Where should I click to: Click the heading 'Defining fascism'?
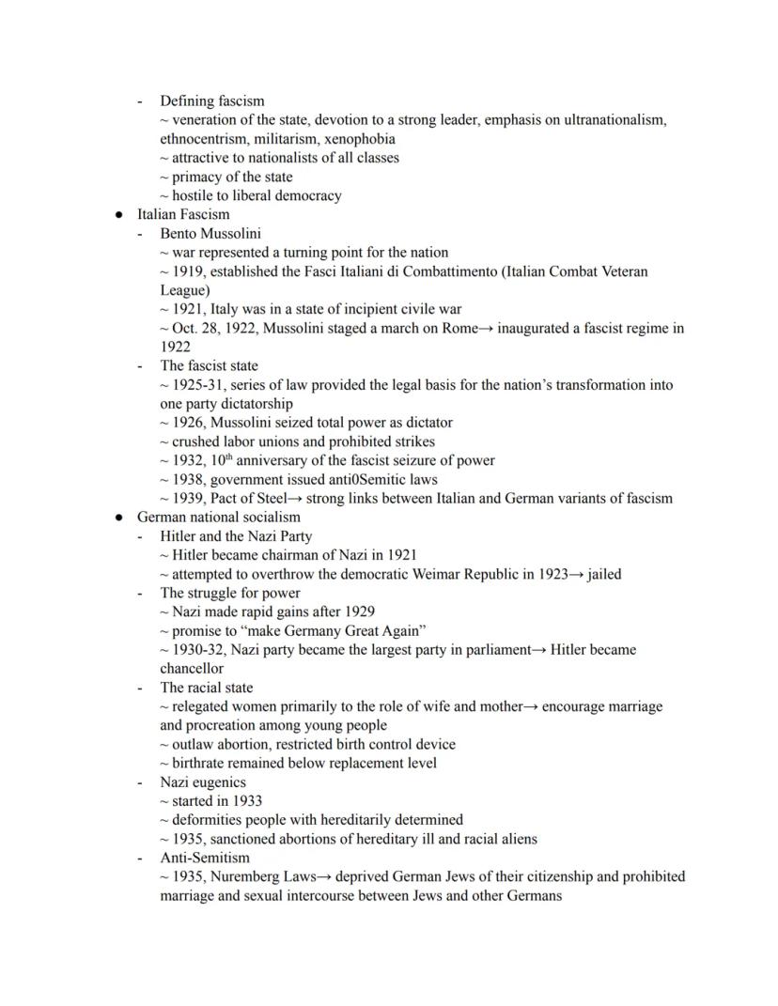tap(211, 101)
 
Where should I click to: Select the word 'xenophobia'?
tap(362, 139)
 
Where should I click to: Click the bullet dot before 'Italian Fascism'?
tap(119, 215)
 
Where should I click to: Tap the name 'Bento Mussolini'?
tap(210, 233)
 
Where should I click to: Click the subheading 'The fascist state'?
tap(209, 365)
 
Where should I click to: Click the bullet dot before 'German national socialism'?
tap(119, 518)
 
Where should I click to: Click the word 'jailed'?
tap(604, 574)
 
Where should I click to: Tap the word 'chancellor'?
tap(192, 668)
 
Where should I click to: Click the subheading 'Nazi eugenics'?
tap(203, 782)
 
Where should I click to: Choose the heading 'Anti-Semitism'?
tap(205, 857)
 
